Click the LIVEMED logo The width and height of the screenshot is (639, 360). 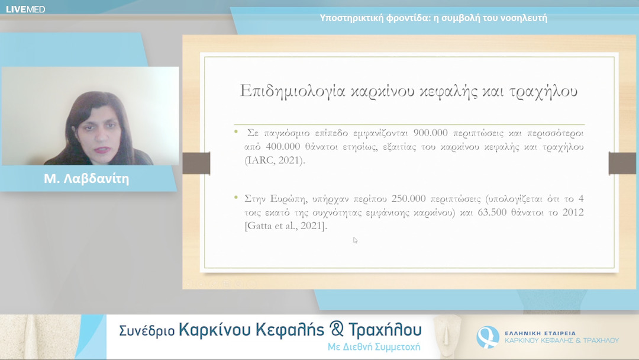pyautogui.click(x=25, y=9)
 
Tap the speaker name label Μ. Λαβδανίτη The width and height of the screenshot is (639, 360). pyautogui.click(x=86, y=179)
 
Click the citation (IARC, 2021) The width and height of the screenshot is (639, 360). pyautogui.click(x=275, y=160)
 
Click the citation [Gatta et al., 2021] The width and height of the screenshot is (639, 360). pyautogui.click(x=285, y=226)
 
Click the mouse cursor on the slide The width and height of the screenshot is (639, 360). pyautogui.click(x=355, y=240)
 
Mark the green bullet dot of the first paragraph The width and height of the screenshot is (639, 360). pyautogui.click(x=236, y=131)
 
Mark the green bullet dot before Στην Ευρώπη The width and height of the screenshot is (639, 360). pyautogui.click(x=236, y=197)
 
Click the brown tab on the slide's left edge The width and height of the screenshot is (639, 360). pyautogui.click(x=196, y=163)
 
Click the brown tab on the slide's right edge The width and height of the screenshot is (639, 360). pyautogui.click(x=622, y=163)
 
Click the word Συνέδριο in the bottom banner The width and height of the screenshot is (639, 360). pyautogui.click(x=147, y=331)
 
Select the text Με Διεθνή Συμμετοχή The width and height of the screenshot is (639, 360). pyautogui.click(x=374, y=347)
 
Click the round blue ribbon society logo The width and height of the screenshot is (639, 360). pyautogui.click(x=488, y=337)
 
